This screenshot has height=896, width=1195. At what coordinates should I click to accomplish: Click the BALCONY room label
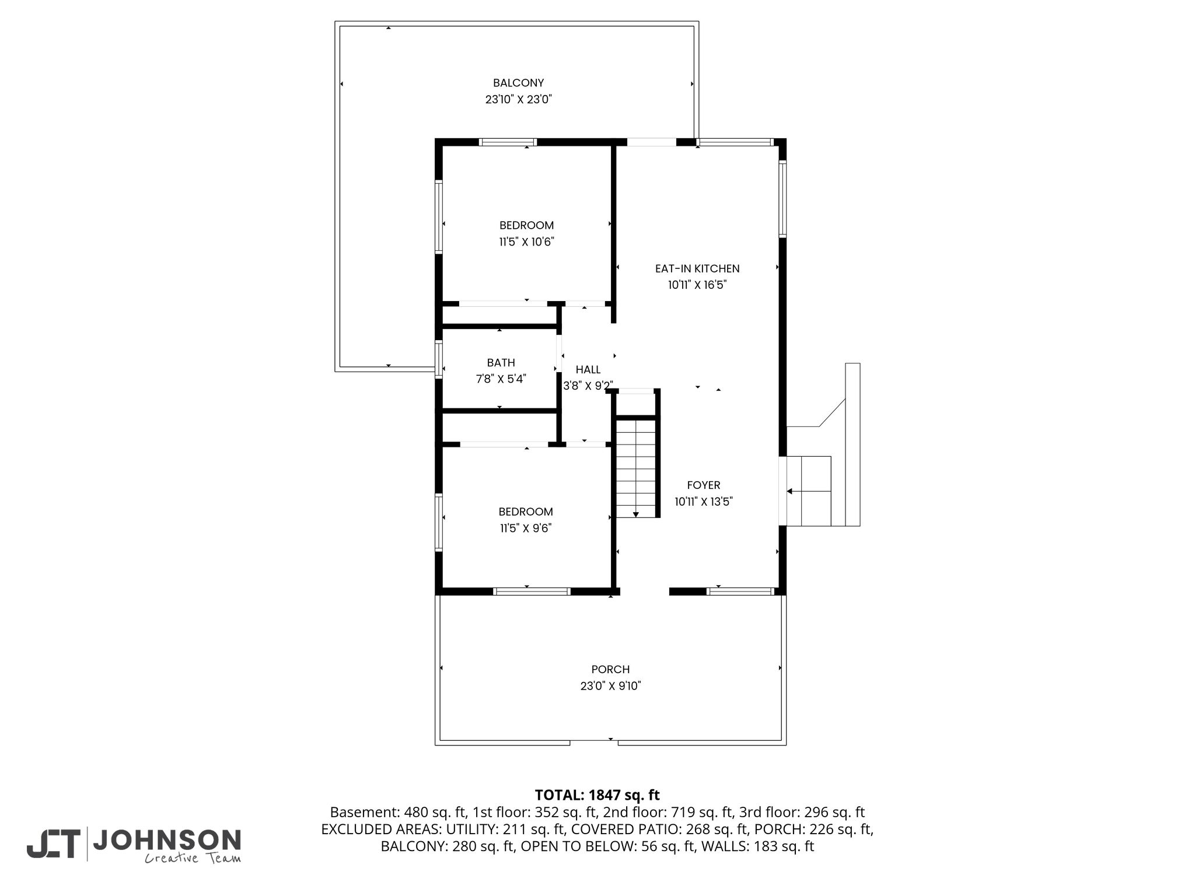[x=518, y=83]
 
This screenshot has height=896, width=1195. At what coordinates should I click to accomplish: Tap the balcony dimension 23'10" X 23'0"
[x=518, y=100]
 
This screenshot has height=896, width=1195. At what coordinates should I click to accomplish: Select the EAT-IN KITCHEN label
[x=697, y=269]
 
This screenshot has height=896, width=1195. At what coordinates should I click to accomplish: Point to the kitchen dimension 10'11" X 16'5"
[x=697, y=285]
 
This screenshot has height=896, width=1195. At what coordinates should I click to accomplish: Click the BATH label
[x=501, y=363]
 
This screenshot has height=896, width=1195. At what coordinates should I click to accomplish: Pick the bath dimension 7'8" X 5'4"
[x=501, y=379]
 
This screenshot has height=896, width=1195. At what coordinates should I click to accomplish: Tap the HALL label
[x=588, y=369]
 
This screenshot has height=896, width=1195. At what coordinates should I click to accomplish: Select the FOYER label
[x=704, y=485]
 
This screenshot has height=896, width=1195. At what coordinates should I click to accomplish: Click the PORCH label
[x=610, y=670]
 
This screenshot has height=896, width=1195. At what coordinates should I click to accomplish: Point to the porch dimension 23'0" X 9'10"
[x=610, y=686]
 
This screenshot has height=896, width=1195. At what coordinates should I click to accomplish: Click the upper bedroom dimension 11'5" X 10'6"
[x=526, y=242]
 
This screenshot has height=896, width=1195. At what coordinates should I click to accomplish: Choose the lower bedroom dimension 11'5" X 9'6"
[x=526, y=528]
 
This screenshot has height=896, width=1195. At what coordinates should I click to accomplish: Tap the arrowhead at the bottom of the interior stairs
[x=636, y=514]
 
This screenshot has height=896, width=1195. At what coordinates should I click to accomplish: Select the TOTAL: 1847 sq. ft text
[x=597, y=795]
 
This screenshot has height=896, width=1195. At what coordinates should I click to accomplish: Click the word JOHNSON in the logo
[x=167, y=840]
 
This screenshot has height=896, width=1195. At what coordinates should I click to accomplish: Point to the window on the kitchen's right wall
[x=782, y=198]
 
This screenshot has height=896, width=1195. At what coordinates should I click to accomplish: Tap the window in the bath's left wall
[x=439, y=360]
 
